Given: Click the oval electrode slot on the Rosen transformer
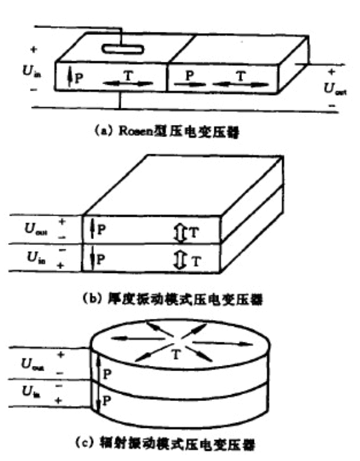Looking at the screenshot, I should pos(122,48).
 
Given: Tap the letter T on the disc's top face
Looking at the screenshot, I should pos(175,353).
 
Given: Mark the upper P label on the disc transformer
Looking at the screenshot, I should pos(107,374).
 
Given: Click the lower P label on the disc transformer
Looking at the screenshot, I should pos(107,402).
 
